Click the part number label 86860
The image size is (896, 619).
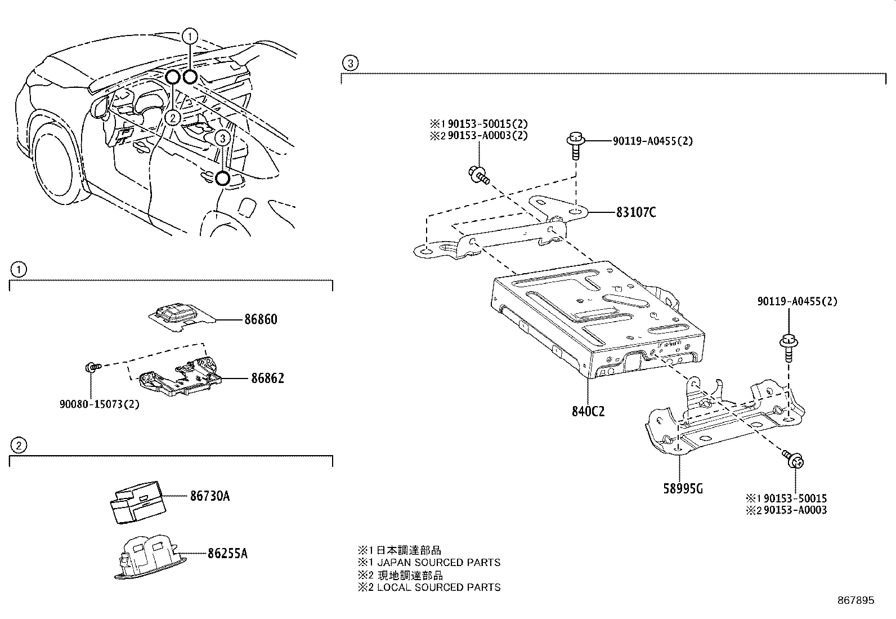[x=260, y=319]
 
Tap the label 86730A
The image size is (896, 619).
[x=209, y=496]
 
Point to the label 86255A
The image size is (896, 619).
[x=227, y=553]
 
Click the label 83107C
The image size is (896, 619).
[x=635, y=212]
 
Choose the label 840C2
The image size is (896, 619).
[x=587, y=411]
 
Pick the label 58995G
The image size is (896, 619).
[x=682, y=488]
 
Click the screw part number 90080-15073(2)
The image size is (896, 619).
[x=100, y=404]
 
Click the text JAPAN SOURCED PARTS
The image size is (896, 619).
[x=438, y=562]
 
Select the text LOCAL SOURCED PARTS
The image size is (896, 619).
[x=438, y=587]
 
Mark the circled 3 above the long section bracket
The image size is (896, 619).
[x=350, y=63]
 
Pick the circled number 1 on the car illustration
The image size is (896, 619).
[x=190, y=37]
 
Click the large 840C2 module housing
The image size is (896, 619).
[x=597, y=318]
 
